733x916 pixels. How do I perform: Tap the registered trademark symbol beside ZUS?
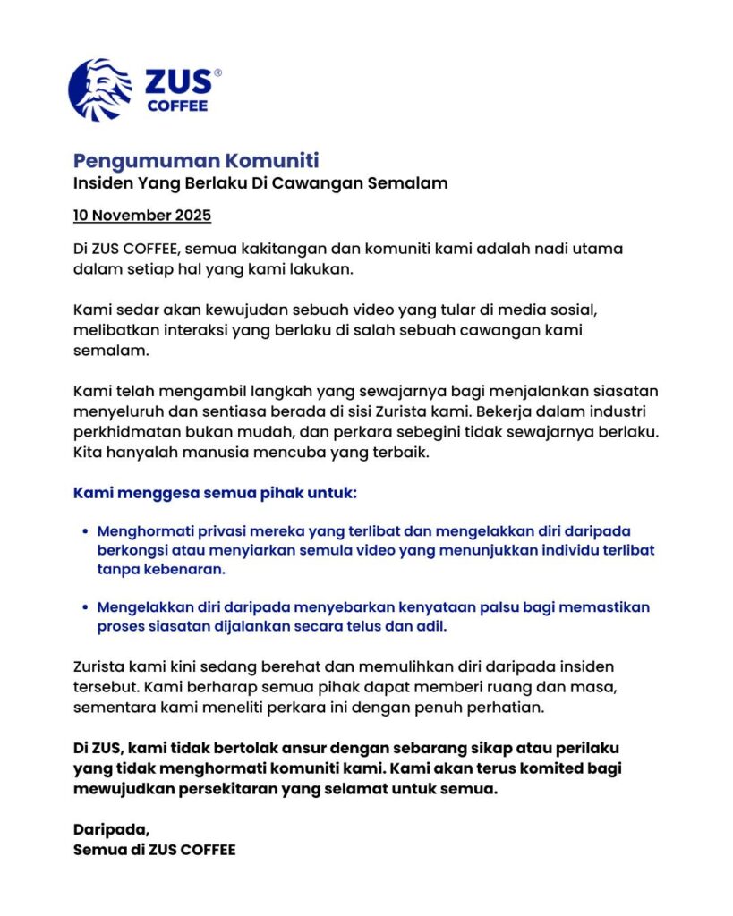[x=217, y=73]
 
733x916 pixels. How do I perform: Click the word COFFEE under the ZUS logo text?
[x=177, y=106]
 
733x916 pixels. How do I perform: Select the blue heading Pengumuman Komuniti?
[x=195, y=161]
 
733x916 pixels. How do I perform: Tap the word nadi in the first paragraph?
[x=537, y=248]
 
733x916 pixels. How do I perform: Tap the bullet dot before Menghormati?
[x=85, y=531]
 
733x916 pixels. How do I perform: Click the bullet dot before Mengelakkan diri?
[x=85, y=607]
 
